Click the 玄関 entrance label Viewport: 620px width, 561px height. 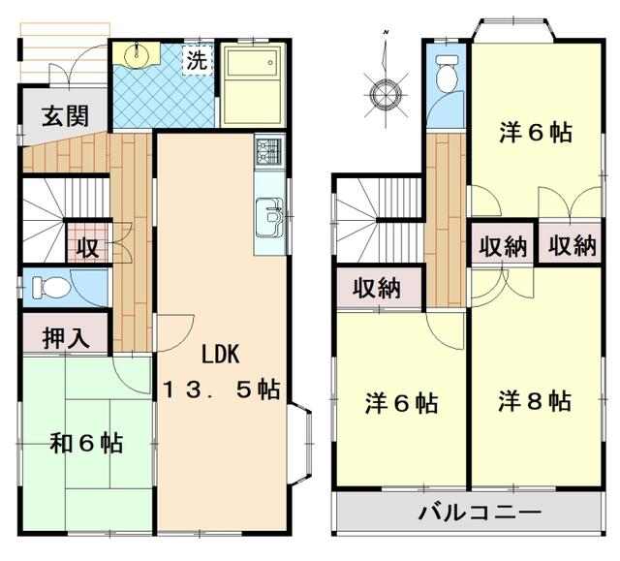(x=65, y=116)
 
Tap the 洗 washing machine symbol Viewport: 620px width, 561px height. (x=198, y=60)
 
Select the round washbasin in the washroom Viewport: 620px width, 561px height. (x=137, y=54)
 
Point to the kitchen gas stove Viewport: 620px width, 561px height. (x=269, y=152)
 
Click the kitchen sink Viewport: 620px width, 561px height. (x=269, y=217)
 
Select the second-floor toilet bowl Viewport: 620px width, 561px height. (x=447, y=74)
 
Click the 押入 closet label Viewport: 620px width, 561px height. (x=66, y=338)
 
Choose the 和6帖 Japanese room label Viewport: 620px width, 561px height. (x=86, y=443)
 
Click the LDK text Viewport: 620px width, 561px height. (x=221, y=354)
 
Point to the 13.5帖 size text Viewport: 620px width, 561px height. (x=222, y=390)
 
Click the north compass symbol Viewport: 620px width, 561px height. (x=386, y=93)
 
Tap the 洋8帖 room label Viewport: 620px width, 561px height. (x=535, y=401)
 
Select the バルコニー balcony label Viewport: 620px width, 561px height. (x=480, y=513)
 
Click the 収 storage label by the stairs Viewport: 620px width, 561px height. (x=87, y=247)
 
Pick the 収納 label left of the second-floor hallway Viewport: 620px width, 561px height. (x=377, y=288)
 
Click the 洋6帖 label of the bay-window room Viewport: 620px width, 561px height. (x=536, y=133)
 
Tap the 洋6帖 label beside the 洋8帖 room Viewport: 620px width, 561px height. (x=401, y=403)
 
